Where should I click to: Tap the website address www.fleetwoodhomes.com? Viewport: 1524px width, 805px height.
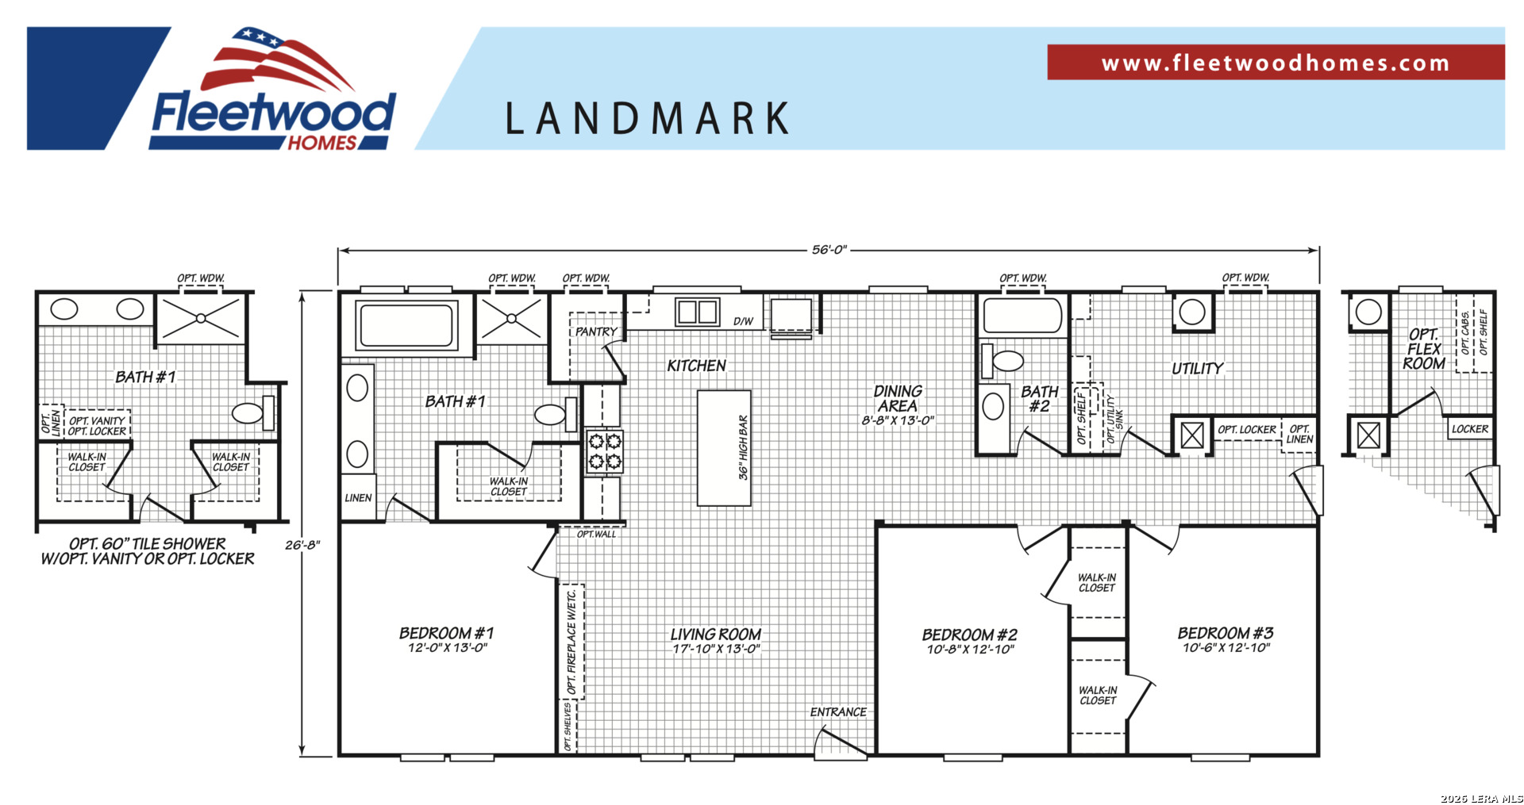coord(1276,63)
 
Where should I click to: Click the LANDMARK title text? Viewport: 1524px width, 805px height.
coord(648,119)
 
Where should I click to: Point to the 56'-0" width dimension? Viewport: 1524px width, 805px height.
coord(829,250)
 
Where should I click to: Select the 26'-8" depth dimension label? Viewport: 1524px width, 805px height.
coord(302,545)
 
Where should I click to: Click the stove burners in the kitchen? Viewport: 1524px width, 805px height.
coord(604,451)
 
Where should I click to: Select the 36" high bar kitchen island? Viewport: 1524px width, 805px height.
coord(724,447)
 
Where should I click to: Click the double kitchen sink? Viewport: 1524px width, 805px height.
coord(697,312)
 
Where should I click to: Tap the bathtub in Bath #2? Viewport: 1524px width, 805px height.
coord(1022,315)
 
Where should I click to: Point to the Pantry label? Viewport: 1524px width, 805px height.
coord(596,332)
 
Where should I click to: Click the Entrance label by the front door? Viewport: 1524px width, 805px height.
coord(838,712)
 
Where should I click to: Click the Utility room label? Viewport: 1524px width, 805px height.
coord(1198,369)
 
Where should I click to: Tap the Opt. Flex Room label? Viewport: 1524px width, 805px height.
coord(1424,349)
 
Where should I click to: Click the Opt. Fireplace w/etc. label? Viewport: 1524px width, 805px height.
coord(571,642)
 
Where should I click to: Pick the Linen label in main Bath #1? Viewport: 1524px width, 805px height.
coord(358,498)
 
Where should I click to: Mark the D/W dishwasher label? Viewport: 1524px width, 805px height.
coord(743,321)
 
